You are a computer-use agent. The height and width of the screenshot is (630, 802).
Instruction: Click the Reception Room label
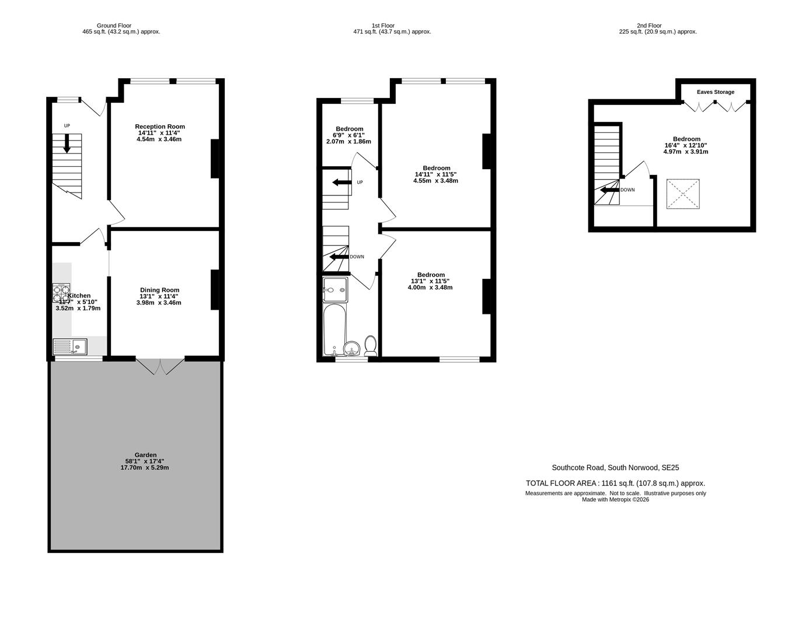pyautogui.click(x=159, y=127)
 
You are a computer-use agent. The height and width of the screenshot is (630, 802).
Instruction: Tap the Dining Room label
pyautogui.click(x=159, y=290)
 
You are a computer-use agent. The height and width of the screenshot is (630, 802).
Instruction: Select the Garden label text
pyautogui.click(x=145, y=455)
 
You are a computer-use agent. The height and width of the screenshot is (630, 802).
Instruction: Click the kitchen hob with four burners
pyautogui.click(x=61, y=293)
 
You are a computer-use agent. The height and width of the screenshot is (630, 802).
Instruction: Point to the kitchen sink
pyautogui.click(x=69, y=347)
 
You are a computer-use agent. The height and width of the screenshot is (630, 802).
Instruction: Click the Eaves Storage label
pyautogui.click(x=715, y=92)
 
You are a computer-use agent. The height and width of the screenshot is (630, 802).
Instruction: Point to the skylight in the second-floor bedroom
pyautogui.click(x=683, y=194)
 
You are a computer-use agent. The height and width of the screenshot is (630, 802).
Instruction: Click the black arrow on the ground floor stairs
pyautogui.click(x=67, y=143)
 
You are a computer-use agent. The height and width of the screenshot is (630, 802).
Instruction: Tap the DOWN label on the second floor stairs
pyautogui.click(x=627, y=190)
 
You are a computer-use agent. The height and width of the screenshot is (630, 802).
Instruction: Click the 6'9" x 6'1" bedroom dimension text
pyautogui.click(x=349, y=135)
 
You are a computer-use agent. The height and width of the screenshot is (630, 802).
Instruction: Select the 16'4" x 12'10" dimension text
pyautogui.click(x=686, y=145)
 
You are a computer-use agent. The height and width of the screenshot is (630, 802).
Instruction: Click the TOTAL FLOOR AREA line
pyautogui.click(x=615, y=483)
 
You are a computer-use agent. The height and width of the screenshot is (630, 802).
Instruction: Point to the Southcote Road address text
pyautogui.click(x=615, y=468)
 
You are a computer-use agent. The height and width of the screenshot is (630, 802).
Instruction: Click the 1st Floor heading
pyautogui.click(x=383, y=26)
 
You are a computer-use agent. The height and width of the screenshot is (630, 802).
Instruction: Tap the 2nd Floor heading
pyautogui.click(x=649, y=26)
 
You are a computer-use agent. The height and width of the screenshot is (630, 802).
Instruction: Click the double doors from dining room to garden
pyautogui.click(x=161, y=366)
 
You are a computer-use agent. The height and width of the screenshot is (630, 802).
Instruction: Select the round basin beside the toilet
pyautogui.click(x=351, y=349)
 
